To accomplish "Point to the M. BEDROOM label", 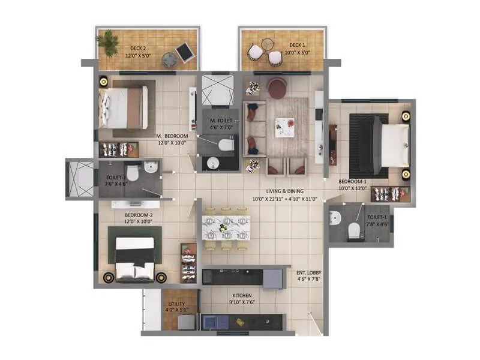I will [x=172, y=136].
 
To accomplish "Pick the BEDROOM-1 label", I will [x=352, y=181].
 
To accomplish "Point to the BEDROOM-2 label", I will [x=139, y=214].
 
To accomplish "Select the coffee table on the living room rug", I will [x=285, y=127].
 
